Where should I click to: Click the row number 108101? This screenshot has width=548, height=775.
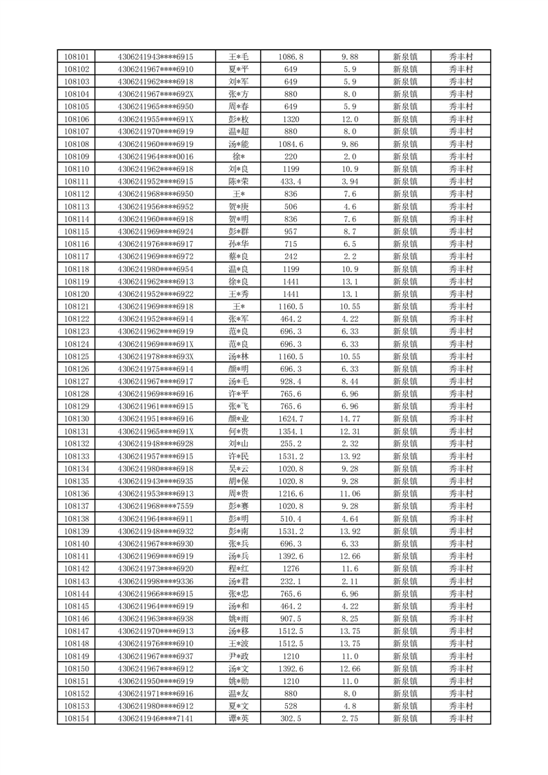pos(76,57)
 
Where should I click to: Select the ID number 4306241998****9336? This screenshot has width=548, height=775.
pos(155,581)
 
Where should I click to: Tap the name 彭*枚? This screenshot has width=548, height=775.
pos(238,119)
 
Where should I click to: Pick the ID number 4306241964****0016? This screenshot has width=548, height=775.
pos(155,157)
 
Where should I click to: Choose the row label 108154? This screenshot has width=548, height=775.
pos(76,718)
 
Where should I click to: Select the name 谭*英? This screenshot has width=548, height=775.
pos(238,718)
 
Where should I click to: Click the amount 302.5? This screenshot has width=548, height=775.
pos(291,718)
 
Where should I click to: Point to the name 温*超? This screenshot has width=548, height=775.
pos(238,131)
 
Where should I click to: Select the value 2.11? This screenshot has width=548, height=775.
pos(350,581)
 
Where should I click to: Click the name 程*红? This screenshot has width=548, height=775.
pos(238,568)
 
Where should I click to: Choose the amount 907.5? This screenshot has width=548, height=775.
pos(291,619)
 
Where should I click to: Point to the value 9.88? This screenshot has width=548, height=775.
pos(350,57)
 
